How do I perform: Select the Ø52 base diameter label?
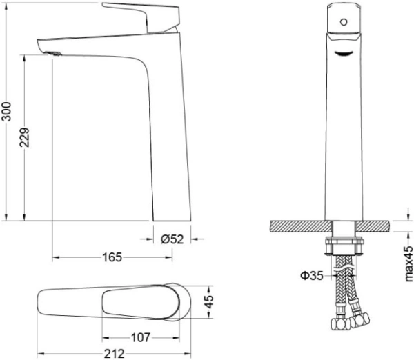click(x=172, y=239)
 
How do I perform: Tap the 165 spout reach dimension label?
click(x=112, y=257)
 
